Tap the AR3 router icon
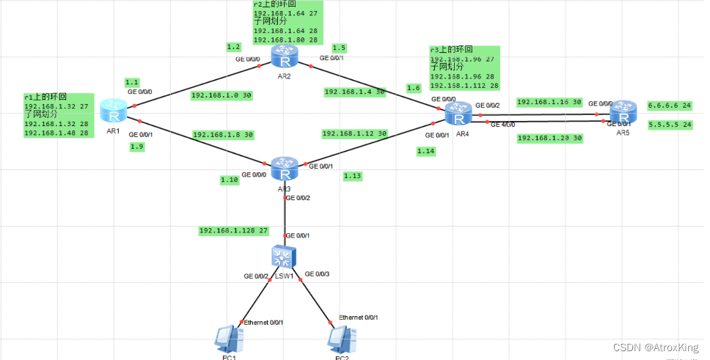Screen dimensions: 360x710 (x=282, y=170)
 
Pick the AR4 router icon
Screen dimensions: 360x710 (x=458, y=115)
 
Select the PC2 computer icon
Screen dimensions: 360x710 (x=342, y=339)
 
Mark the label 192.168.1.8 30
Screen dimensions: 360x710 (x=223, y=135)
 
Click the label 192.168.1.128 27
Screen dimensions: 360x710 (x=234, y=230)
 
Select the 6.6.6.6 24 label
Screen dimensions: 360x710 (x=670, y=106)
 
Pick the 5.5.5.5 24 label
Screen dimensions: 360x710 (x=670, y=125)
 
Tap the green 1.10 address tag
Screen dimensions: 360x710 (x=230, y=179)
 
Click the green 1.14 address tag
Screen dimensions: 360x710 (x=426, y=151)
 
